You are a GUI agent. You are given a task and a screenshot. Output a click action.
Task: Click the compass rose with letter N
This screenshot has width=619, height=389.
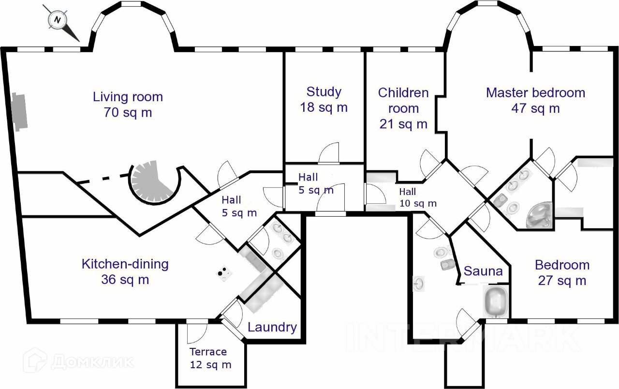pyautogui.click(x=58, y=20)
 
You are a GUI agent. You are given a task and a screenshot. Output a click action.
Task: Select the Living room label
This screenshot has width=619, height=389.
pyautogui.click(x=128, y=97)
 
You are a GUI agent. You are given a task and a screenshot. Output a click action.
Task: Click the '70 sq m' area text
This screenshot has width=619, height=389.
pyautogui.click(x=128, y=113)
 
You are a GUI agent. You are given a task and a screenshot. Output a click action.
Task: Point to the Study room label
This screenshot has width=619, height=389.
pyautogui.click(x=324, y=92)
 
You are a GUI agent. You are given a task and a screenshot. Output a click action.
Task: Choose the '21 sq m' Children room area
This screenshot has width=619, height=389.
pyautogui.click(x=403, y=124)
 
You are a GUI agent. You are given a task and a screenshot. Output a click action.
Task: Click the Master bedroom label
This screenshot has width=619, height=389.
pyautogui.click(x=535, y=93)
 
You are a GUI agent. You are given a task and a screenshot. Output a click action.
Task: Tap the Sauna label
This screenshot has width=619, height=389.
pyautogui.click(x=483, y=271)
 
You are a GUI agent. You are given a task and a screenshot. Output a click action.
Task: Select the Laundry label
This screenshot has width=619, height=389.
pyautogui.click(x=272, y=328)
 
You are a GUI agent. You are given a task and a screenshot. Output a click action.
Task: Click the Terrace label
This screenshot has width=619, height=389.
pyautogui.click(x=208, y=352)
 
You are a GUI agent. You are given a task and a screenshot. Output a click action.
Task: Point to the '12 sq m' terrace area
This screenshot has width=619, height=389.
pyautogui.click(x=210, y=365)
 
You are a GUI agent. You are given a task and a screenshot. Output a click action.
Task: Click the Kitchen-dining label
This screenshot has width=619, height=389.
pyautogui.click(x=125, y=264)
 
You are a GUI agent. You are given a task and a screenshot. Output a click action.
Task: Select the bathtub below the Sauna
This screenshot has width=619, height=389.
pyautogui.click(x=496, y=302)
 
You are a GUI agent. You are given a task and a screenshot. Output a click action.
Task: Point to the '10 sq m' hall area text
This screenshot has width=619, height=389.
pyautogui.click(x=418, y=204)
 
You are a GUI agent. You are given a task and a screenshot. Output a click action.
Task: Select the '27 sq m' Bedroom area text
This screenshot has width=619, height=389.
pyautogui.click(x=562, y=281)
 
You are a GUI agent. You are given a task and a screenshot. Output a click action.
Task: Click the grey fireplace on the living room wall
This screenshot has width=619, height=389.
pyautogui.click(x=19, y=112)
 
